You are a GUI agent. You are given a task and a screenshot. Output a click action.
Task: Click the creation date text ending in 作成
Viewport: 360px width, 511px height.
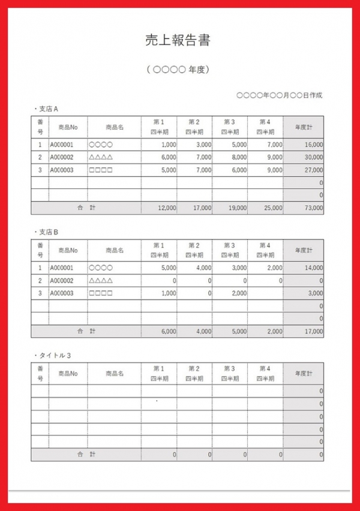(x=279, y=95)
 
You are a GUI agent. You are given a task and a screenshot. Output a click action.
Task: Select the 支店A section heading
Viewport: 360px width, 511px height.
(x=46, y=109)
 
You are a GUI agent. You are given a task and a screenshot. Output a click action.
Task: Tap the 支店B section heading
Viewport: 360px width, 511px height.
(x=46, y=232)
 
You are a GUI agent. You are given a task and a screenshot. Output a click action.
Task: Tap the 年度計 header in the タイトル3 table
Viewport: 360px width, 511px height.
(x=303, y=373)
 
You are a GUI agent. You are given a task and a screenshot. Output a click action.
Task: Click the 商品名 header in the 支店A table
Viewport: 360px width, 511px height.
(x=114, y=127)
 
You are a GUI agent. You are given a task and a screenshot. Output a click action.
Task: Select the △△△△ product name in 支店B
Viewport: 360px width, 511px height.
(x=101, y=281)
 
